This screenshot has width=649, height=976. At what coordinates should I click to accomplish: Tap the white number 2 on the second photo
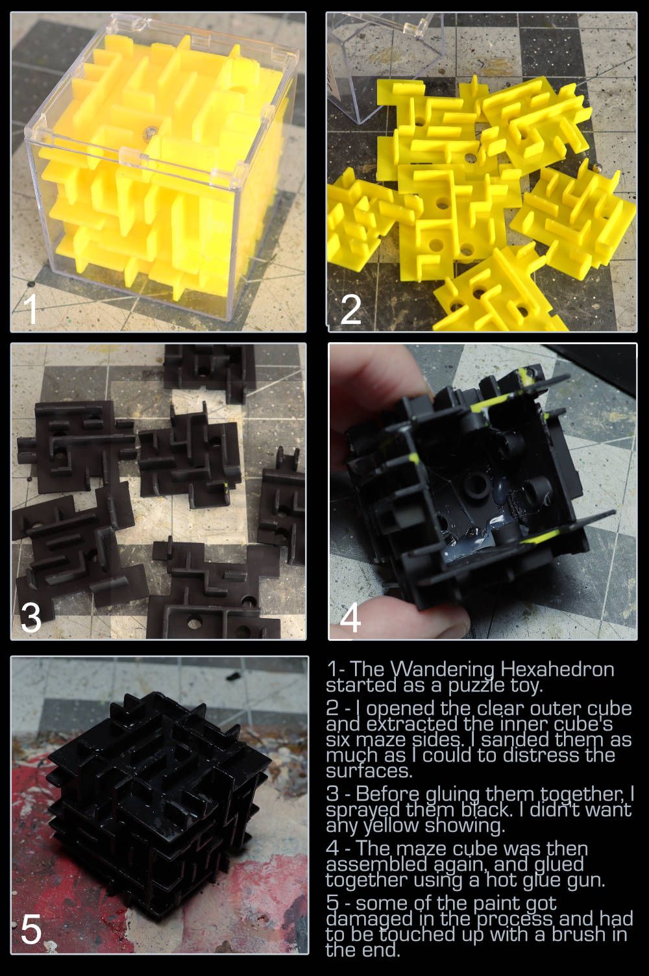[351, 308]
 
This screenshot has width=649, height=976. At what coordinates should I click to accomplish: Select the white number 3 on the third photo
[31, 618]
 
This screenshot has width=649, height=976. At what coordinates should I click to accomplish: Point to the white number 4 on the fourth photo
[350, 617]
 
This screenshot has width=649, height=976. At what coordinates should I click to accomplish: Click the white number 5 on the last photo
[31, 929]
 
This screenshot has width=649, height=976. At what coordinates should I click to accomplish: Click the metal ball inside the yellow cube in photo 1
[152, 132]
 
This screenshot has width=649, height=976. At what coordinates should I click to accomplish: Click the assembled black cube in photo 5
[157, 805]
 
